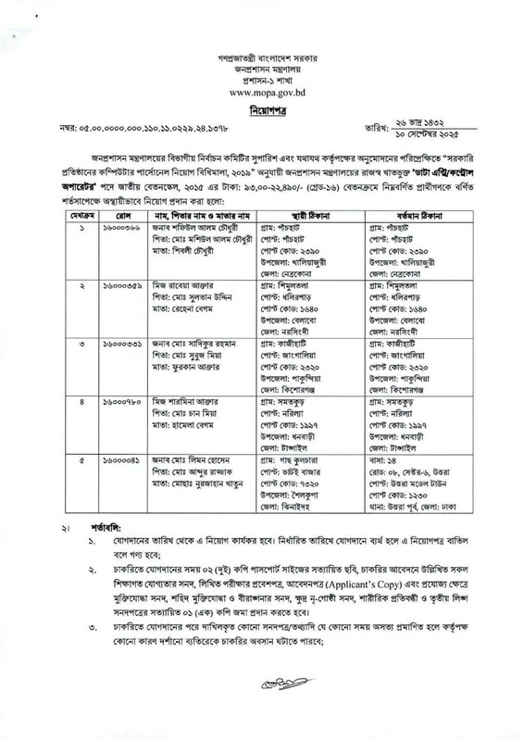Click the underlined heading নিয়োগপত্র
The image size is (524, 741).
pyautogui.click(x=264, y=108)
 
